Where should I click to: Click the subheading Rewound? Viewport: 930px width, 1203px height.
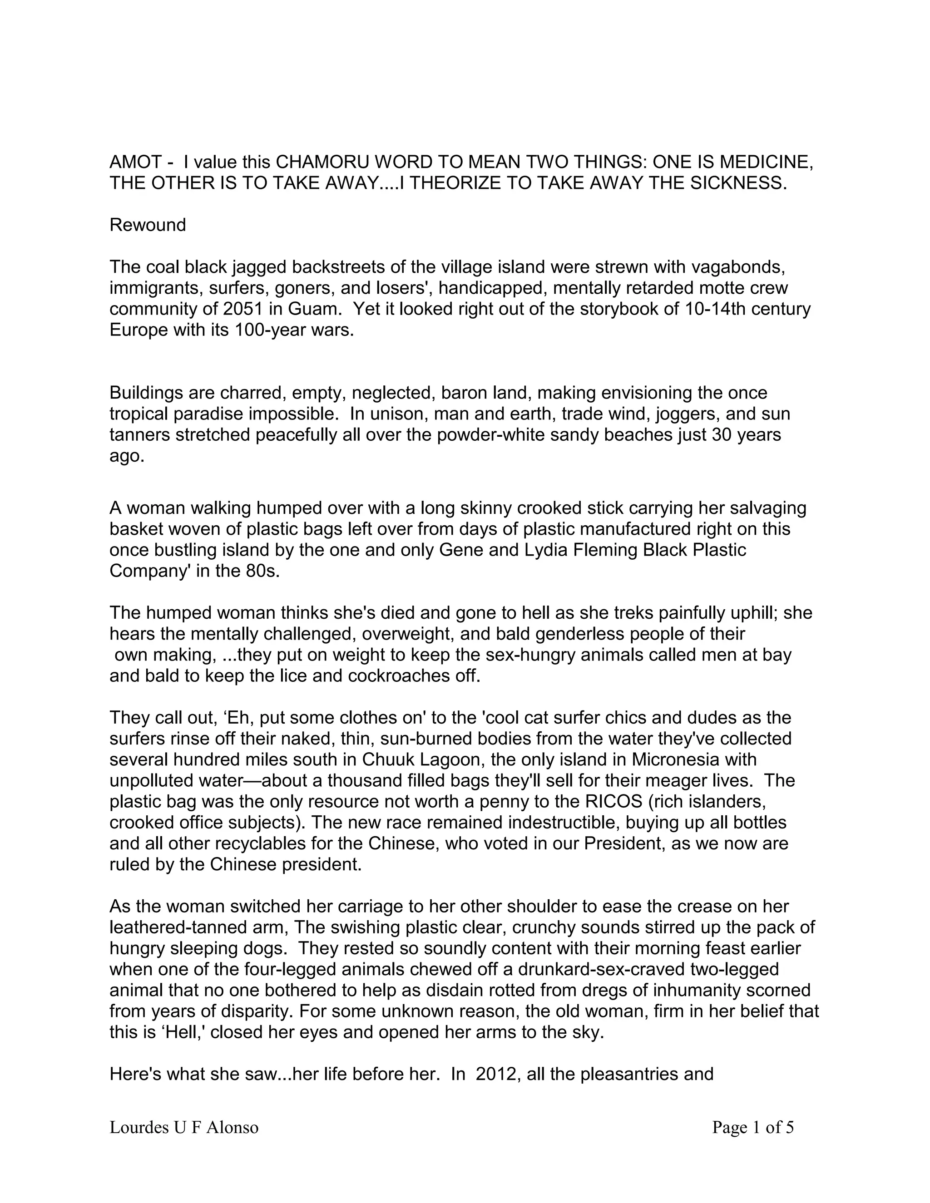point(148,225)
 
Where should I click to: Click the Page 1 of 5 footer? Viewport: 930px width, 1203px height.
point(752,1127)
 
